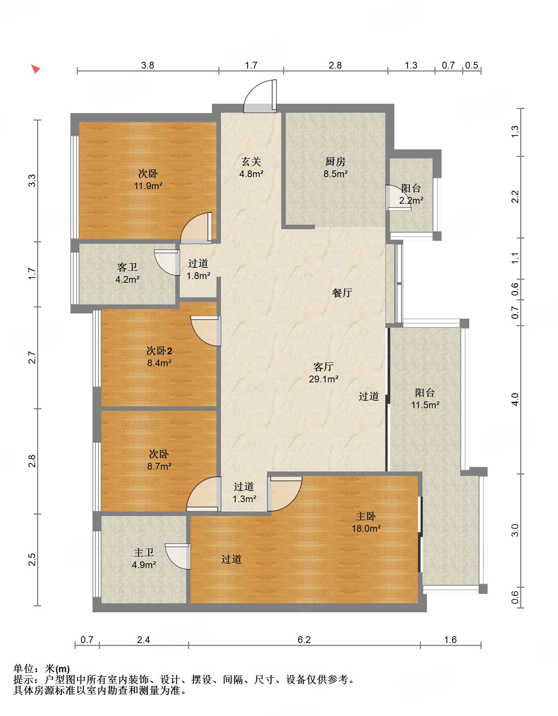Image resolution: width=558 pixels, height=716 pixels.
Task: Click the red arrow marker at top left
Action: click(36, 69)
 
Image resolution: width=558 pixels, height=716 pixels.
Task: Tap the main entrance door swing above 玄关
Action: click(260, 96)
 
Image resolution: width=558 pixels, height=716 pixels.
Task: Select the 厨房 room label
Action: click(335, 161)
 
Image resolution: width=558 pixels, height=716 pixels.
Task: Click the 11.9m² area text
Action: click(148, 186)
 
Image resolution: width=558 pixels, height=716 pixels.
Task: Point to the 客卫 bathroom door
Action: click(167, 263)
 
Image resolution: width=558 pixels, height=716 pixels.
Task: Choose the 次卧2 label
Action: click(159, 351)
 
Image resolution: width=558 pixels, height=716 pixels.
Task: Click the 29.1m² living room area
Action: click(324, 379)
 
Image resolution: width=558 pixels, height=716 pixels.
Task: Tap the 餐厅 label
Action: click(342, 293)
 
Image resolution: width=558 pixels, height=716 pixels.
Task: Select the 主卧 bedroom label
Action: click(366, 516)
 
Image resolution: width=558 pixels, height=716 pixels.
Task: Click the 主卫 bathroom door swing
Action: click(178, 556)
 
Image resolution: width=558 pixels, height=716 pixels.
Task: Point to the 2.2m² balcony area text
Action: click(411, 201)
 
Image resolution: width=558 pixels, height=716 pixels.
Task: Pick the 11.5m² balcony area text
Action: click(425, 405)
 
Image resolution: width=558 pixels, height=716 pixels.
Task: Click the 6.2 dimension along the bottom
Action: click(304, 640)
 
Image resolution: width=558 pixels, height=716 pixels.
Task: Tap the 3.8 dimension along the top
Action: click(148, 65)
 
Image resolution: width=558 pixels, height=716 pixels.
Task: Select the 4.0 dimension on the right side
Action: click(515, 399)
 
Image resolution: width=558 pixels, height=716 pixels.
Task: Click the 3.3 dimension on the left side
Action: click(32, 180)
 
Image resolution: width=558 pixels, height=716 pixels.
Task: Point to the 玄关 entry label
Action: click(251, 161)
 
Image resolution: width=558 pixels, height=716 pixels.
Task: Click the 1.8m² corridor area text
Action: click(198, 276)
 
